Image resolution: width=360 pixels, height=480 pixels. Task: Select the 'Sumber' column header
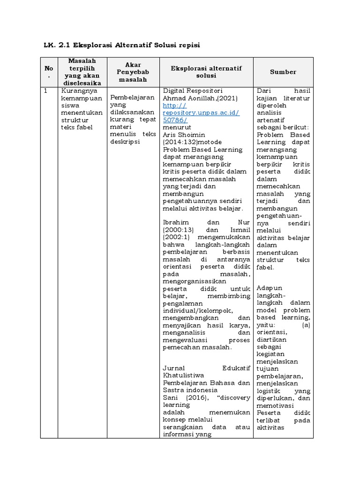[283, 72]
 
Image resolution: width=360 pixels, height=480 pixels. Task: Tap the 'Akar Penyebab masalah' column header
[133, 72]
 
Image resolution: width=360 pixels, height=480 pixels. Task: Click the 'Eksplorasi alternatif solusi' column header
[206, 72]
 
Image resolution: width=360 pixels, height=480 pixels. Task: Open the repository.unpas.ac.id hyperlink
[201, 113]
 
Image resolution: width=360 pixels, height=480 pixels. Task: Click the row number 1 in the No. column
[45, 90]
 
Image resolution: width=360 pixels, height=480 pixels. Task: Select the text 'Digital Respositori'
[192, 90]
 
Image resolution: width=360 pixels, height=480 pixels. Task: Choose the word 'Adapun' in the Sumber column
[270, 288]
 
